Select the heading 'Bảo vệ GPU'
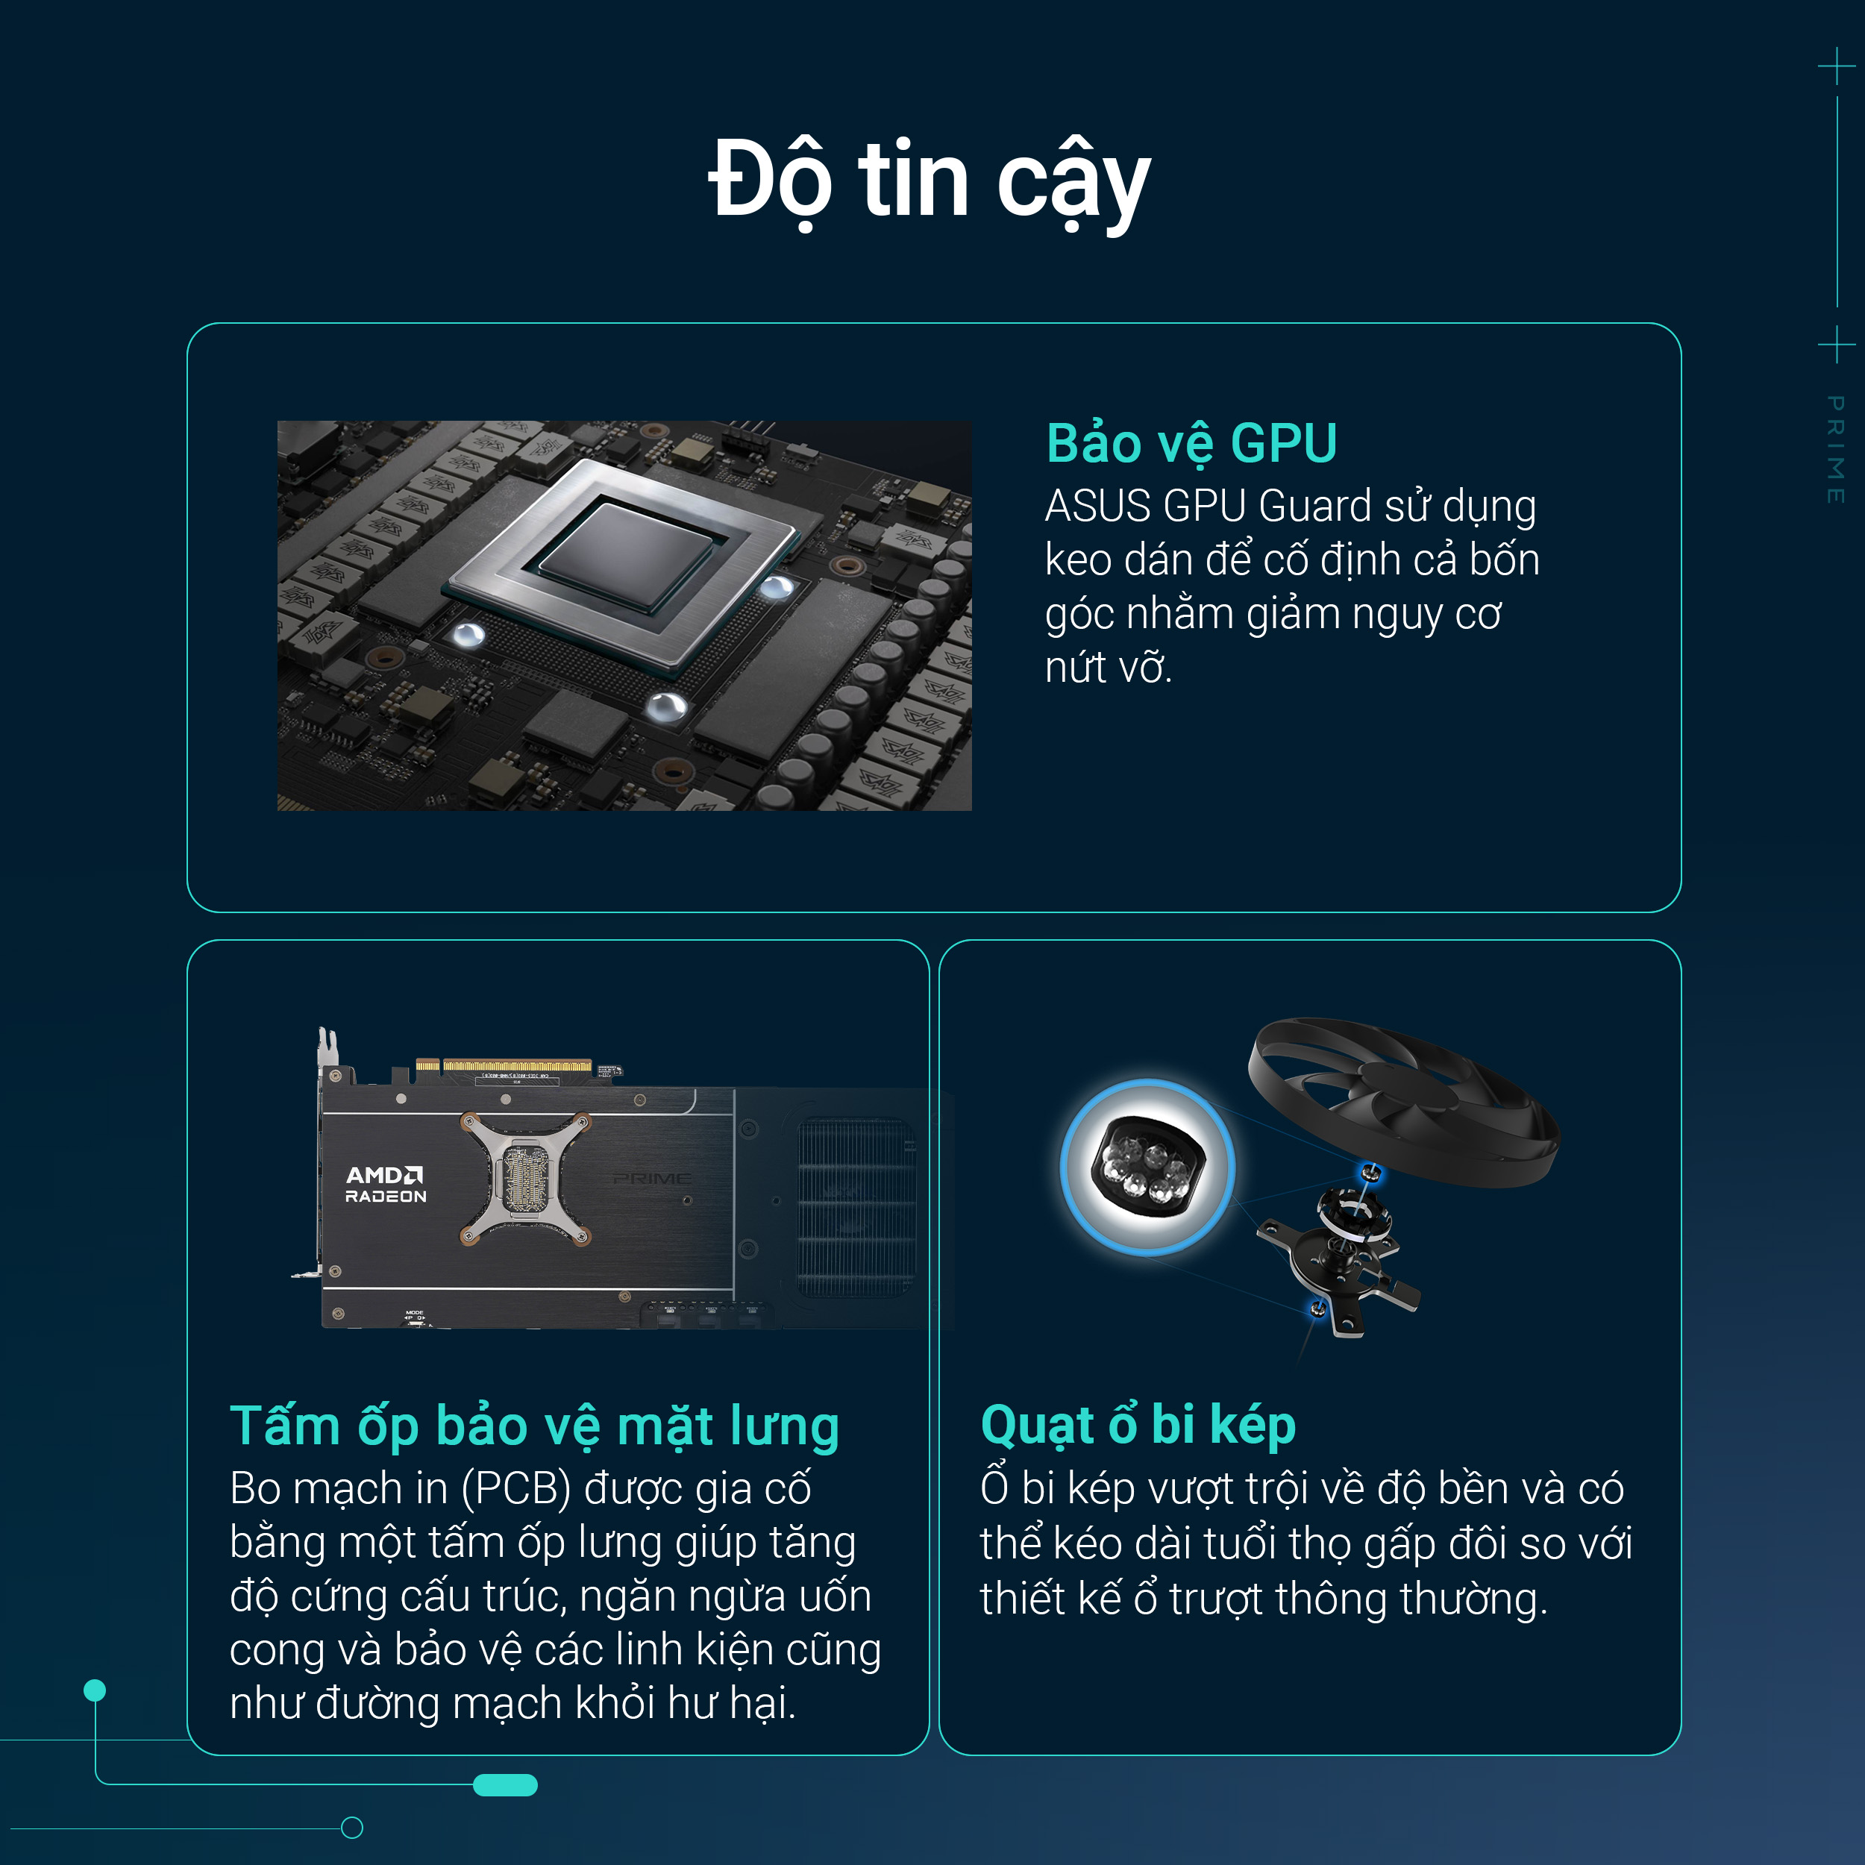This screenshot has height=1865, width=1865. (1191, 444)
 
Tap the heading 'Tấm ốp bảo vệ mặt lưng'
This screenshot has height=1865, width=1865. (534, 1427)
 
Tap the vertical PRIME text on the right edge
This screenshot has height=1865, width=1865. (1835, 449)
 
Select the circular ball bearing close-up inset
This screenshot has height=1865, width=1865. (1147, 1167)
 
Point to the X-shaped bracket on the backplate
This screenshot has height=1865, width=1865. (526, 1179)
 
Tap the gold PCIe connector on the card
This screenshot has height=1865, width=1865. (503, 1066)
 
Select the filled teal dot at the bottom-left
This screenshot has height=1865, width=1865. (95, 1690)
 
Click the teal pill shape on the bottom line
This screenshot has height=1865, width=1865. (505, 1785)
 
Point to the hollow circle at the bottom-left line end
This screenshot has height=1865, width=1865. (352, 1828)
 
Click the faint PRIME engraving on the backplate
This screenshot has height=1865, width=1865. (653, 1179)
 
